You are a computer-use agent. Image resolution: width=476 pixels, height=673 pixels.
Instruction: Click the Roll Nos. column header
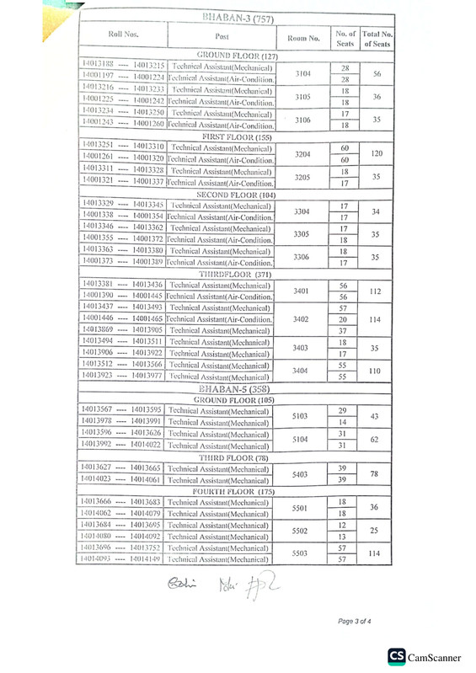(124, 35)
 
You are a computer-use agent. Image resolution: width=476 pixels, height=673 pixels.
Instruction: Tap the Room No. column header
(303, 38)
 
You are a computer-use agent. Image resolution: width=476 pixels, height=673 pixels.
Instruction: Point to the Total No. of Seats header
(377, 37)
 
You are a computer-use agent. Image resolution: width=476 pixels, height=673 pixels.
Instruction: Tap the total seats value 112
(377, 291)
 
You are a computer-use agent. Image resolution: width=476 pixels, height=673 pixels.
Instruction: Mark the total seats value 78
(377, 474)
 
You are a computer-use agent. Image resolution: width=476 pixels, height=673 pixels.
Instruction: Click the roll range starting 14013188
(123, 66)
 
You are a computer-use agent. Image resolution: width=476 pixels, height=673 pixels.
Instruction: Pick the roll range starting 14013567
(123, 409)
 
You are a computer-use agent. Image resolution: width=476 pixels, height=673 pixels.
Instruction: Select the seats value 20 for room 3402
(343, 320)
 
